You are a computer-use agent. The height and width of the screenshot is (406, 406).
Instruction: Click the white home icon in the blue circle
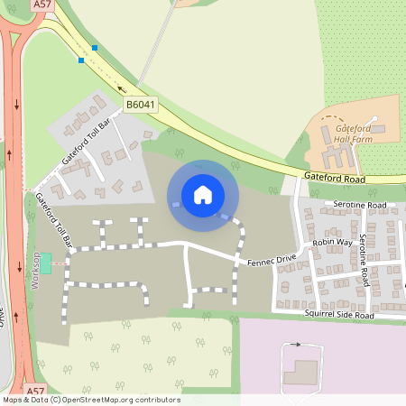[x=202, y=194]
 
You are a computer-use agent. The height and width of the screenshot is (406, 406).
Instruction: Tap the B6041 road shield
[x=141, y=105]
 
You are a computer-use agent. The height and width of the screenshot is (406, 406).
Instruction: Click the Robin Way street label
[x=330, y=244]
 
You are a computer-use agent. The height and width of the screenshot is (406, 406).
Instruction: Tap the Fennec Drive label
[x=272, y=261]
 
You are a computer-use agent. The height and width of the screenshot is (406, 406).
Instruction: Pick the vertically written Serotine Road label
[x=363, y=260]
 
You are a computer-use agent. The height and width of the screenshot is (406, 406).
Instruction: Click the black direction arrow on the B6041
[x=121, y=88]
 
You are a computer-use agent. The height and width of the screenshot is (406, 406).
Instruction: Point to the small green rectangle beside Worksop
[x=46, y=264]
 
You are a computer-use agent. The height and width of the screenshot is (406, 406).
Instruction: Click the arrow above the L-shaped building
[x=295, y=345]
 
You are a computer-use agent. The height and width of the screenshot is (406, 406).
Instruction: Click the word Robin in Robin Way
[x=321, y=244]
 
